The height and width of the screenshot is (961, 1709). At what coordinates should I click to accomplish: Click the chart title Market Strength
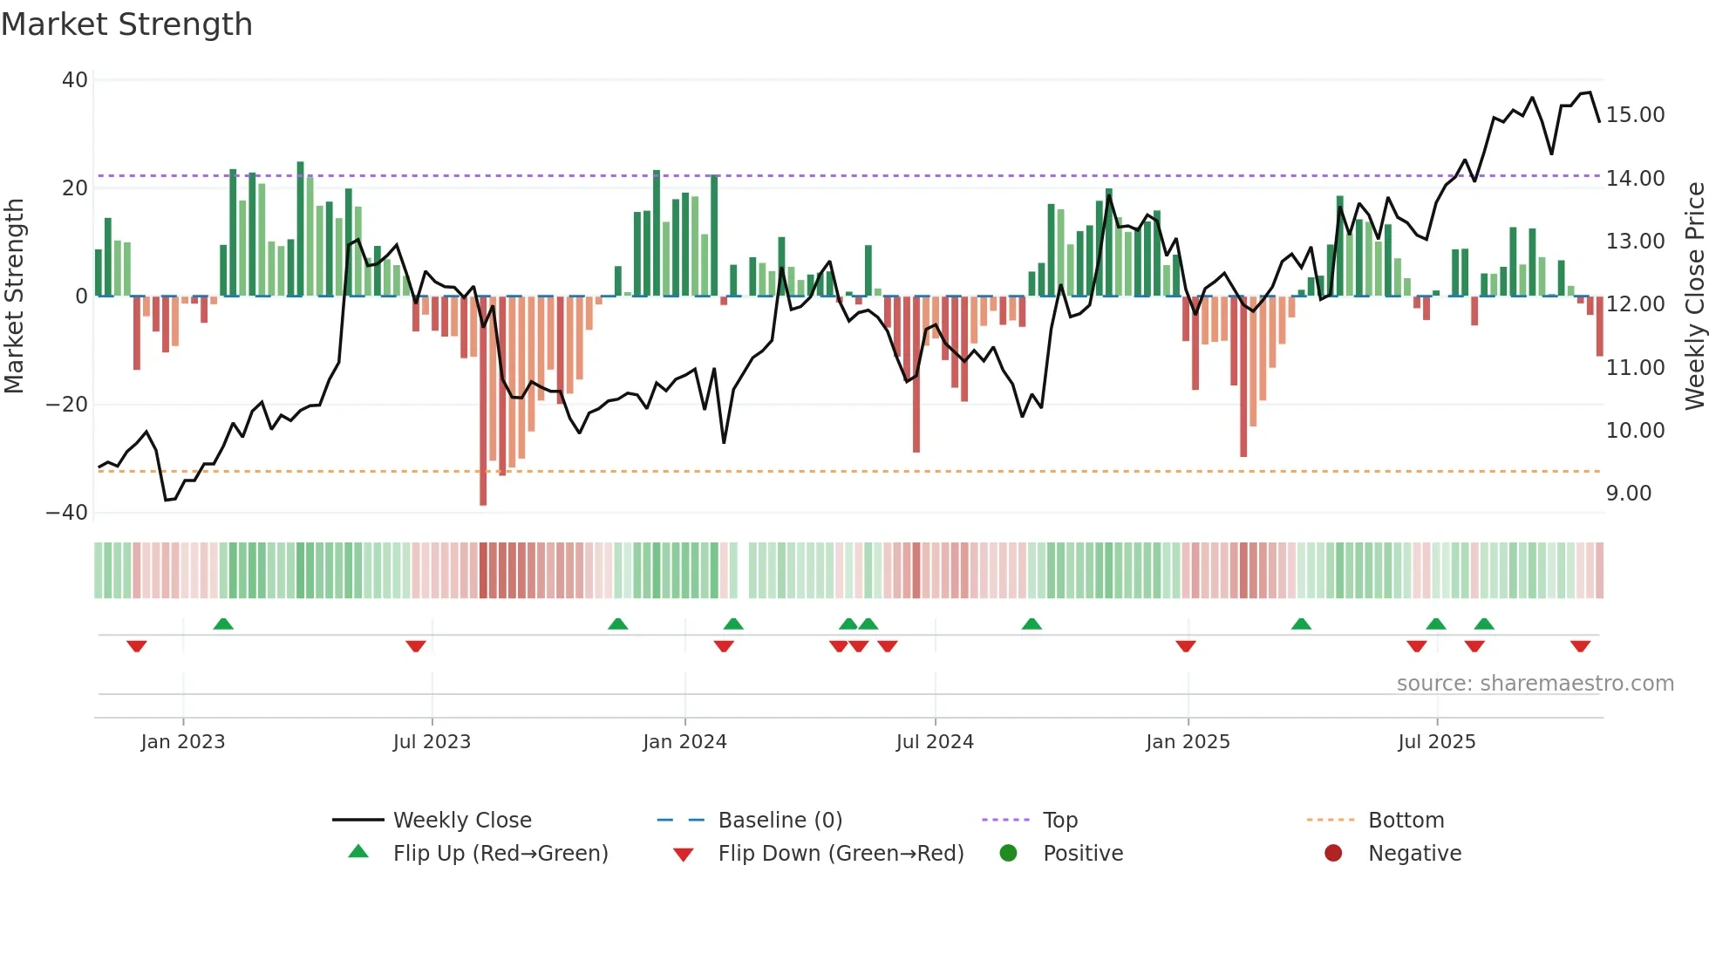point(126,24)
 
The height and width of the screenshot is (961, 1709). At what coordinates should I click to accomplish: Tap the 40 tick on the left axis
point(75,80)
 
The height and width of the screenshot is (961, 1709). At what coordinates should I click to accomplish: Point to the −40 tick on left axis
point(67,513)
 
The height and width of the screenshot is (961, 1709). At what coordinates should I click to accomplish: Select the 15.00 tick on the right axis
point(1635,115)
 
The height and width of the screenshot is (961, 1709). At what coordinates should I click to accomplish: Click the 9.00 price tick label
point(1628,494)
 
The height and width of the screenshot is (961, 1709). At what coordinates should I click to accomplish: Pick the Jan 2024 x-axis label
point(684,742)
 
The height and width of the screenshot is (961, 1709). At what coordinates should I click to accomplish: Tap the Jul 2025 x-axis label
point(1436,742)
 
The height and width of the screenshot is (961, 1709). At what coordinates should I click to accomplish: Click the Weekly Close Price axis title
point(1694,296)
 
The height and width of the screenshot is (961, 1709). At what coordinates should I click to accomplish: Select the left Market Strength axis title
point(14,296)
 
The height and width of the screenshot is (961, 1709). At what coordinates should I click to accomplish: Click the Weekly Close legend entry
point(461,821)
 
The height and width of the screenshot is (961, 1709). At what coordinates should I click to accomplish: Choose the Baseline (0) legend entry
point(780,821)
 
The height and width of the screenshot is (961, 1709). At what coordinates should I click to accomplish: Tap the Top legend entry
point(1059,821)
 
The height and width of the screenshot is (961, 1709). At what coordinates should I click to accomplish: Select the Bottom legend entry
point(1406,821)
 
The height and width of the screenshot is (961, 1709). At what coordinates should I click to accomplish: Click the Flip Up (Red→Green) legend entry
point(500,854)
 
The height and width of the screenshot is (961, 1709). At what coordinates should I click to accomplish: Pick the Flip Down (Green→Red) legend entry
point(841,854)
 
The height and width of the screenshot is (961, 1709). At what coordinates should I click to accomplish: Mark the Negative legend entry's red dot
point(1333,854)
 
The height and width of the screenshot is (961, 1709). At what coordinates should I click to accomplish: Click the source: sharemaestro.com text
point(1535,684)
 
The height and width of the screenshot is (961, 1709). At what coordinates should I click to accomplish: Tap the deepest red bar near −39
point(483,401)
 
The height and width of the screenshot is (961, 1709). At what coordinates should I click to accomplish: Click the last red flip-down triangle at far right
point(1580,646)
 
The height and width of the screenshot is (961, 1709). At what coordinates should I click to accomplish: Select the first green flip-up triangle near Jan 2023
point(223,624)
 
